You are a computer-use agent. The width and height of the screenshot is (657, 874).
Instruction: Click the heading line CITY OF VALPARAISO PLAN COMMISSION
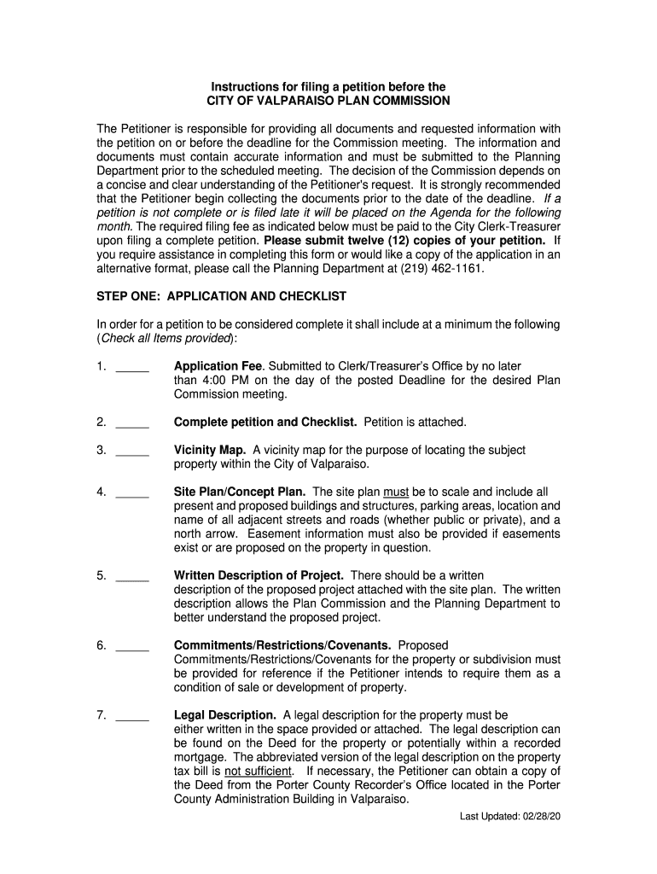click(328, 101)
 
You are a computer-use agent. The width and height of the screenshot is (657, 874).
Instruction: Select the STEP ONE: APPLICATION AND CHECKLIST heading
click(222, 296)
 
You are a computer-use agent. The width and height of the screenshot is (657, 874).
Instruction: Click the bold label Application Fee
click(219, 366)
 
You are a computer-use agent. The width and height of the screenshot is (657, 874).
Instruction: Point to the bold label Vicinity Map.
click(210, 450)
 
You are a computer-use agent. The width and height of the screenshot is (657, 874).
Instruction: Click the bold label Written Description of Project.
click(259, 575)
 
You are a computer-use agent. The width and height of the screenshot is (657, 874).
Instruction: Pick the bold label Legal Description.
click(224, 714)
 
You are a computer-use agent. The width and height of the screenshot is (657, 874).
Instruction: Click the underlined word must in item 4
click(396, 492)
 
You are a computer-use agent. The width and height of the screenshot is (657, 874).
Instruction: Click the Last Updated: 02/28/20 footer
click(510, 817)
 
